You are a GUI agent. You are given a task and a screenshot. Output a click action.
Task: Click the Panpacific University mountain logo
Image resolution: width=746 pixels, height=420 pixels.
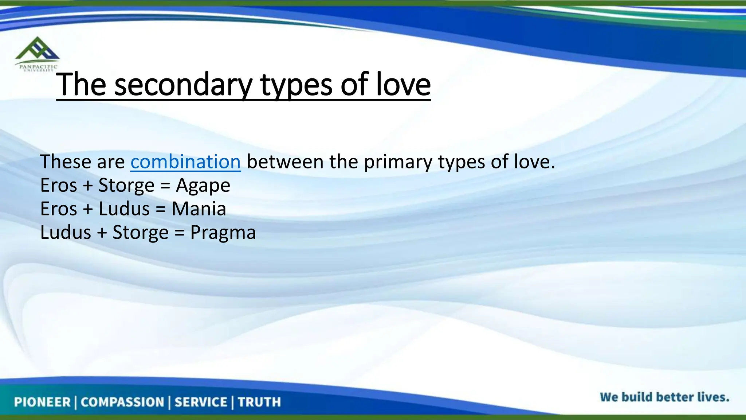(x=37, y=51)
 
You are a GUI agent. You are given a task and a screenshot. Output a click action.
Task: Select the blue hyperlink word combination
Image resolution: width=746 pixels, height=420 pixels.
(x=185, y=162)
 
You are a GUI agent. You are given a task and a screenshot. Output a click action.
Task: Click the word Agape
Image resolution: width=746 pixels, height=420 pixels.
(x=203, y=186)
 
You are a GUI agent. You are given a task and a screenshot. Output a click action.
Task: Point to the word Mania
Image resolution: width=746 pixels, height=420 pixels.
(x=199, y=209)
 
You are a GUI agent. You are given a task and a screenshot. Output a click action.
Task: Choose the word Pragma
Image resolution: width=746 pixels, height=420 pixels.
(x=223, y=233)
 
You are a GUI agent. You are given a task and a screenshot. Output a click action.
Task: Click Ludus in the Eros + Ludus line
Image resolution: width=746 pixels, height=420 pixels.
(x=124, y=209)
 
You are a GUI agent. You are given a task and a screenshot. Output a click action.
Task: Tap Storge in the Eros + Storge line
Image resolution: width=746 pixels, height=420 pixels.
(x=126, y=186)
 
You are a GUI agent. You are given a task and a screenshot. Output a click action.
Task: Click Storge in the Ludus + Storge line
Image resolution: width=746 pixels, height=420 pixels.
(x=141, y=233)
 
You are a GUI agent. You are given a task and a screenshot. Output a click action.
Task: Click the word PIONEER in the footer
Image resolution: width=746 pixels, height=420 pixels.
(x=42, y=402)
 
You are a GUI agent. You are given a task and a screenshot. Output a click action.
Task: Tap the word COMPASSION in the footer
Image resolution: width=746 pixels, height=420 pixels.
(x=122, y=402)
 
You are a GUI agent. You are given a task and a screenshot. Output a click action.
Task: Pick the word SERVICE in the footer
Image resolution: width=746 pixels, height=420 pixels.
(x=201, y=402)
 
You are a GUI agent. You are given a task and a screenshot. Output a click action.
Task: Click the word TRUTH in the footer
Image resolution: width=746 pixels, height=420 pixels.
(x=259, y=402)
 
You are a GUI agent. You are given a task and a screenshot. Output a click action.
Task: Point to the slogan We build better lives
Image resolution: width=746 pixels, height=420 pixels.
(x=664, y=397)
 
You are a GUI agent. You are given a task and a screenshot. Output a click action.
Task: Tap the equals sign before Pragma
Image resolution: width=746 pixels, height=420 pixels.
(x=179, y=233)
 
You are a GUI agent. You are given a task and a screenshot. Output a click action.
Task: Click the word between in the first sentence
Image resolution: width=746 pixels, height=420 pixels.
(x=285, y=162)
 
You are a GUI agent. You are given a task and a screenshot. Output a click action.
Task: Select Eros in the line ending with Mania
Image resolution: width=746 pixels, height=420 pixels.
(x=59, y=209)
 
